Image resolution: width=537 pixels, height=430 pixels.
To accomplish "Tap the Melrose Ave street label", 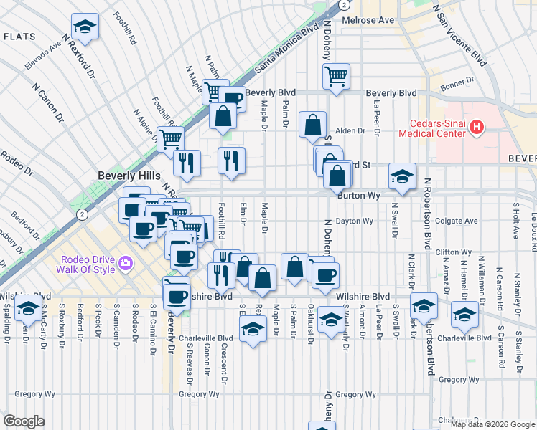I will [x=368, y=20].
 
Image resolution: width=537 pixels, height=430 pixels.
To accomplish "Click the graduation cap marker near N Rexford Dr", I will [x=85, y=28].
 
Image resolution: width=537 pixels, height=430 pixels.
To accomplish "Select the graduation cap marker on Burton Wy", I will [x=402, y=176].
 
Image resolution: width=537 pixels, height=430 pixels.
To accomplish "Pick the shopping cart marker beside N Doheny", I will [x=336, y=75].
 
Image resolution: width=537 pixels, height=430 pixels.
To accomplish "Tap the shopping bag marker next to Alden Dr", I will [x=312, y=125].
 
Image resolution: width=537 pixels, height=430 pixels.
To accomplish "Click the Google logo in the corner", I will [x=24, y=421].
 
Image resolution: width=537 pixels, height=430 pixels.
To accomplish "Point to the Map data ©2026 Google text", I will [x=492, y=424].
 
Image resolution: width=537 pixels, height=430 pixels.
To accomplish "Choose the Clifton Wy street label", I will [x=454, y=252].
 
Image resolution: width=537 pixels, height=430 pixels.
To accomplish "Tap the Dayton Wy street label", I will [x=355, y=221].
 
